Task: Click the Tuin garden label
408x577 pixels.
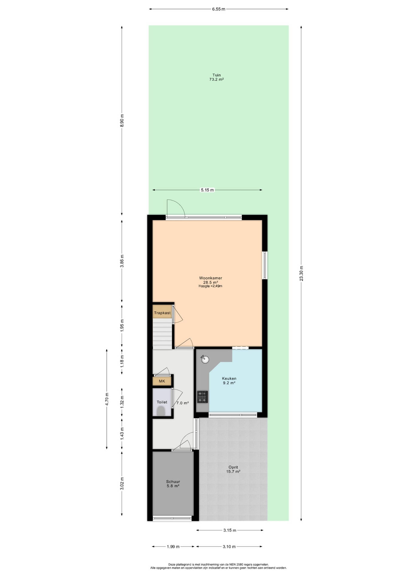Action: tap(217, 75)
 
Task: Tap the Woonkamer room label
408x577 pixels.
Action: tap(211, 278)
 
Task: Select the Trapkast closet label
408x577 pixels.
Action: tap(162, 313)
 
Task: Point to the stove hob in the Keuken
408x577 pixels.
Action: tap(202, 397)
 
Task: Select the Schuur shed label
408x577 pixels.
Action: tap(173, 482)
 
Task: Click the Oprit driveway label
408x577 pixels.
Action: tap(233, 467)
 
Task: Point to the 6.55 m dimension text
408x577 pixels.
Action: tap(219, 9)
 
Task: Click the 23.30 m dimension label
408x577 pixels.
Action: tap(302, 273)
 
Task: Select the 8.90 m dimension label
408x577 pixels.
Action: tap(122, 121)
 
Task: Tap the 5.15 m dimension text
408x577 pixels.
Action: tap(207, 190)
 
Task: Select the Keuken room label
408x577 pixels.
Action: tap(229, 378)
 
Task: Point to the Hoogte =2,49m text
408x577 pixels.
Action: tap(210, 286)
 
